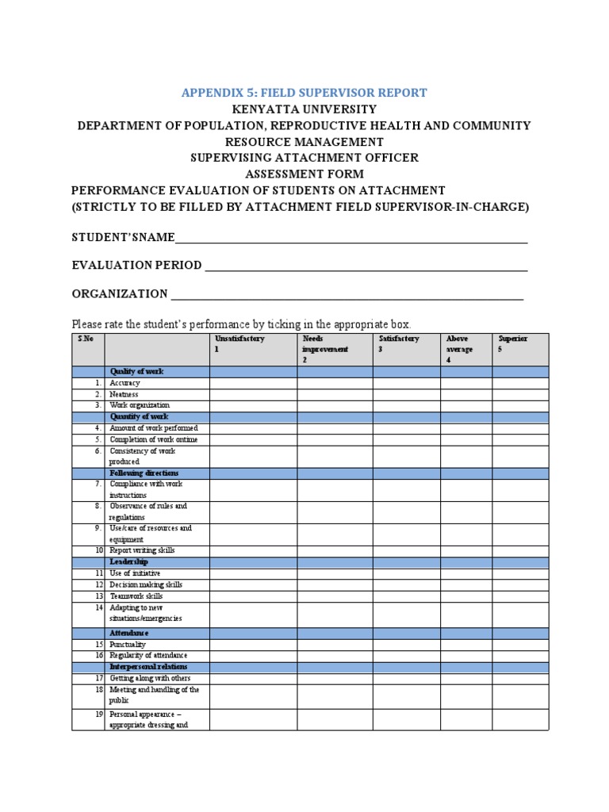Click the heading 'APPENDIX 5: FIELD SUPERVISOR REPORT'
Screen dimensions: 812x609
[x=304, y=92]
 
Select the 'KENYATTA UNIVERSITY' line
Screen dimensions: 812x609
[x=304, y=109]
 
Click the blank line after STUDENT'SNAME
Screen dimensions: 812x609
[x=350, y=239]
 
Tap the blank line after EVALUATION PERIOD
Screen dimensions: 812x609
[x=366, y=266]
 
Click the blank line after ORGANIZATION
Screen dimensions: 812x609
[x=347, y=295]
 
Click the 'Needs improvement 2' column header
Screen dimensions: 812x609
[x=335, y=349]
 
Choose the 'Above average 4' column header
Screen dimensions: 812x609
[x=465, y=349]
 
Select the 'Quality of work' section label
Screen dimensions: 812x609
[x=136, y=371]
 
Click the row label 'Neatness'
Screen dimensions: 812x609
[x=124, y=394]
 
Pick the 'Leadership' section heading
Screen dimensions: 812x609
[x=129, y=561]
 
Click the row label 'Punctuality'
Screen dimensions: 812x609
[x=128, y=645]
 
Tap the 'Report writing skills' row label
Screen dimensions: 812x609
[x=142, y=550]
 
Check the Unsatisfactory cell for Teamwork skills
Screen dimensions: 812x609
[x=253, y=596]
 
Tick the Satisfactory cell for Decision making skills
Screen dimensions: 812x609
[x=406, y=584]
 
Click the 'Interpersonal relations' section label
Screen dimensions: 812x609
[x=149, y=667]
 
